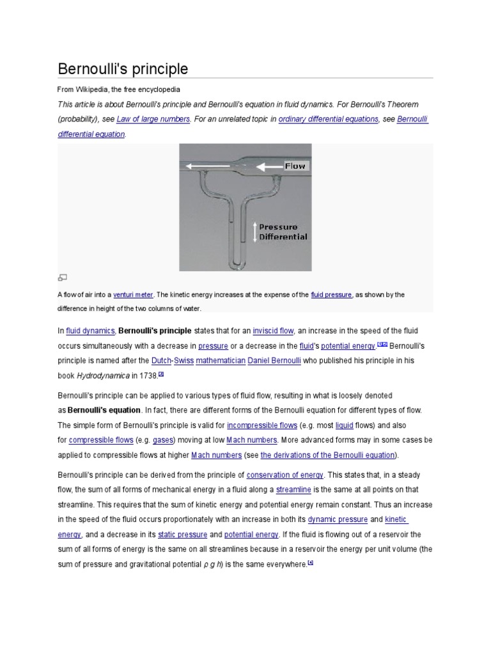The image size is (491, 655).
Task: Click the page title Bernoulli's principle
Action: click(x=123, y=68)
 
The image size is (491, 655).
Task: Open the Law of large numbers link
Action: click(x=153, y=119)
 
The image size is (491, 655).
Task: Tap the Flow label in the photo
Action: click(x=295, y=166)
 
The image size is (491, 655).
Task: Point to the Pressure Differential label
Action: click(x=283, y=232)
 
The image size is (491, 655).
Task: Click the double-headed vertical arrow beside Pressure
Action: click(x=254, y=232)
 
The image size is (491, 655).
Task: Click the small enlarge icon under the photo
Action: click(x=62, y=278)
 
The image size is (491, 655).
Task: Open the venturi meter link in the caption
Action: click(x=133, y=295)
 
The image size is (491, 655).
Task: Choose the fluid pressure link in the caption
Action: click(x=331, y=295)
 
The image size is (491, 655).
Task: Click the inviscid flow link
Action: click(x=273, y=331)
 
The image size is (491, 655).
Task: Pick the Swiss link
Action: click(x=184, y=361)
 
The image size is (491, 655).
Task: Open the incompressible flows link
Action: click(x=262, y=425)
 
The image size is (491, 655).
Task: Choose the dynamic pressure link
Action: click(x=338, y=519)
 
